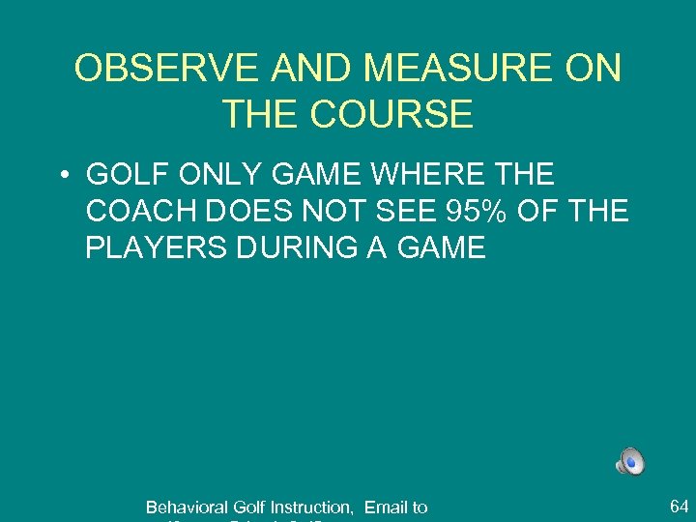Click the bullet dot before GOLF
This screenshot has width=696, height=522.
point(60,176)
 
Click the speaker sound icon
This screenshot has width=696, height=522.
point(630,462)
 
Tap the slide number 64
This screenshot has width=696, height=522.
point(679,505)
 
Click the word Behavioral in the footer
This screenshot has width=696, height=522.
point(187,507)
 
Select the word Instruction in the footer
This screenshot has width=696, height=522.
point(311,507)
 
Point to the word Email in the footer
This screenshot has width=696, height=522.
point(386,507)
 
